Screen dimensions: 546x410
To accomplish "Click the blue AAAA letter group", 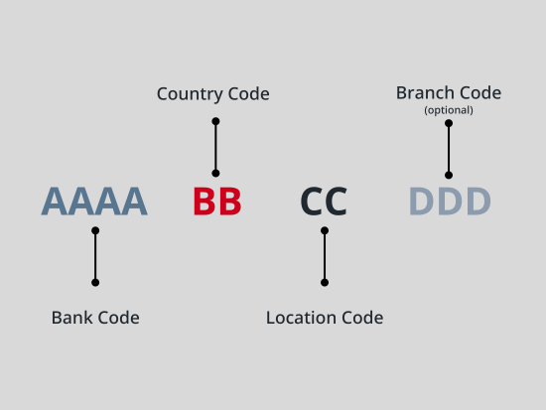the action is [x=94, y=202].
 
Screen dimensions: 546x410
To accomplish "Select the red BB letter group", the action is [x=217, y=202].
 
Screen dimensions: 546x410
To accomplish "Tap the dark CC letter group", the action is [x=324, y=202].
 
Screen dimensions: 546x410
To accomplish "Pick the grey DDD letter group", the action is [x=450, y=202].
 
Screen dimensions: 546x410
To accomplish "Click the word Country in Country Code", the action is [x=190, y=94].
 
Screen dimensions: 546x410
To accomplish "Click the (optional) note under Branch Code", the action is [x=449, y=110].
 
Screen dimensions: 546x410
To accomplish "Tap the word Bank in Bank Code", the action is [x=71, y=318].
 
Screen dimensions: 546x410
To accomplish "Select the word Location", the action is [x=301, y=318].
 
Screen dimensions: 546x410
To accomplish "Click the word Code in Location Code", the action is [x=362, y=318].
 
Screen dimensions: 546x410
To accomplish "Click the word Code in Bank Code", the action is [x=118, y=318].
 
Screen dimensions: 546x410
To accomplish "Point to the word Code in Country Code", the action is [x=248, y=94].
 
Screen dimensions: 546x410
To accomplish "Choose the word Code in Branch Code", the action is [x=480, y=93].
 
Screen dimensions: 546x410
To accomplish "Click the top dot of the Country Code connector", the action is [x=215, y=121].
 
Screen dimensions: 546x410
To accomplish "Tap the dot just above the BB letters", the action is [x=215, y=173].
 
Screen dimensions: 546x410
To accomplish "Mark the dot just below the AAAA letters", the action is [x=95, y=230].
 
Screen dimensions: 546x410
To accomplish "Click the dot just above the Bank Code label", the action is [x=95, y=283].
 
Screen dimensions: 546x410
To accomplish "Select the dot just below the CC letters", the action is [x=325, y=230].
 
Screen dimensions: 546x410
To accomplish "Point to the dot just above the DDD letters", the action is [x=449, y=175].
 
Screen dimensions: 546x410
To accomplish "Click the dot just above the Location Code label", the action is [x=325, y=283].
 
